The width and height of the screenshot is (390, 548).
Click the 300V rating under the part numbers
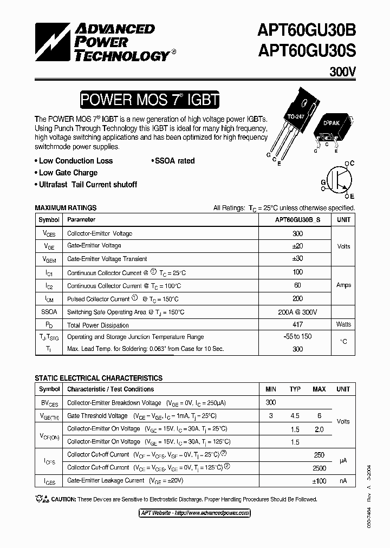pos(342,71)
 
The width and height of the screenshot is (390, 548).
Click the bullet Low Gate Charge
pos(68,173)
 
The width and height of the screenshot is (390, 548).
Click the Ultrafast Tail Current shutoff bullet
pos(88,185)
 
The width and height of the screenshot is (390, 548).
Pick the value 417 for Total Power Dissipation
pos(297,325)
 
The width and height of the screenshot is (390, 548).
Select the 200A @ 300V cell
pos(297,312)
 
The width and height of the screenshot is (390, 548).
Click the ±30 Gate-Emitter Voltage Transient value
pos(297,259)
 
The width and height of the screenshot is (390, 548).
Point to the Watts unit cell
pos(343,324)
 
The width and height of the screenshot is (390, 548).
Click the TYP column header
pos(295,389)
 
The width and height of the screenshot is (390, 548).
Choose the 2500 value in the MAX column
pos(319,468)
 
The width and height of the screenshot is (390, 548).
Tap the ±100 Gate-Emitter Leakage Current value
pos(319,481)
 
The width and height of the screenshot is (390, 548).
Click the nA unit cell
pos(343,480)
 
